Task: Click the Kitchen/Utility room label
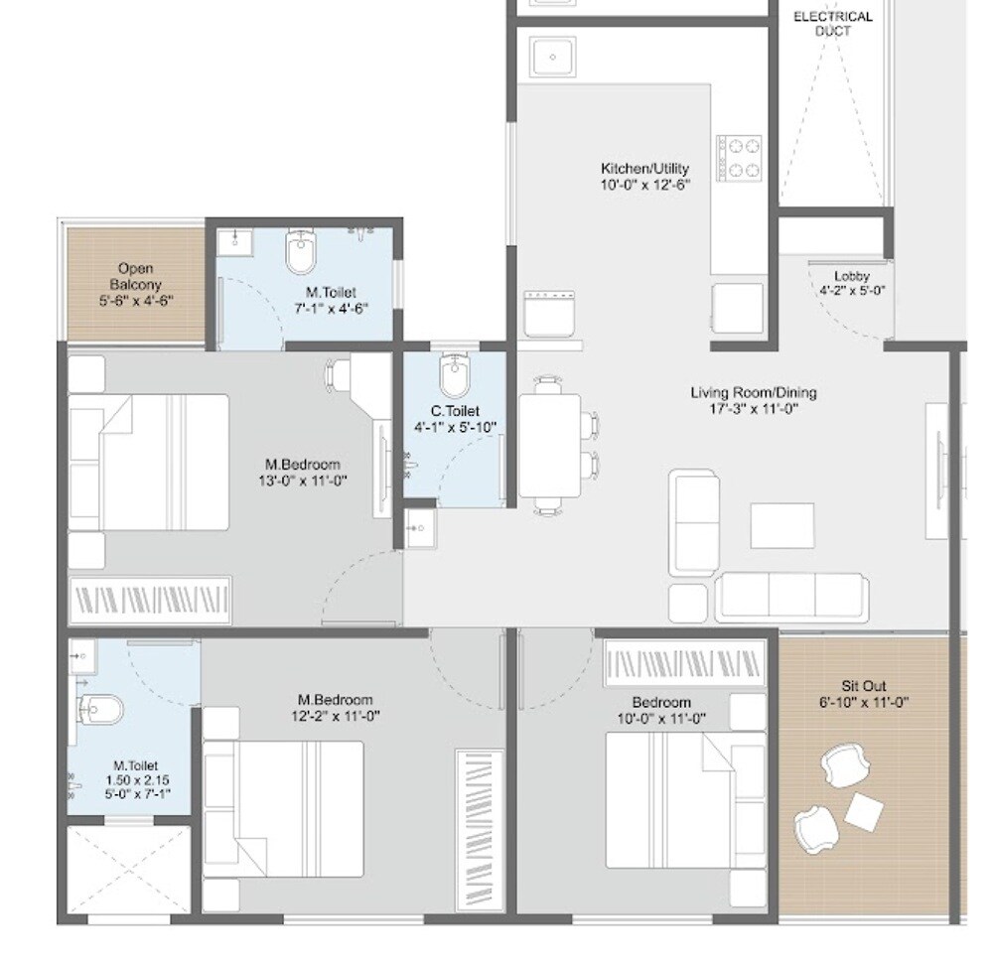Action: tap(644, 169)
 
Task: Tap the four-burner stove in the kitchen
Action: tap(739, 158)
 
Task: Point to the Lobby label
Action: tap(851, 276)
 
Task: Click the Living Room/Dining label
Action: tap(754, 393)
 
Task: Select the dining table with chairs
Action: tap(550, 445)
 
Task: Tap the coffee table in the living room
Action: tap(781, 525)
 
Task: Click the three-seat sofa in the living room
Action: tap(791, 597)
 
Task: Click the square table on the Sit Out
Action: tap(863, 813)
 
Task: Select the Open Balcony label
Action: tap(135, 269)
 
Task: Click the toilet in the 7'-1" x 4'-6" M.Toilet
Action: tap(300, 252)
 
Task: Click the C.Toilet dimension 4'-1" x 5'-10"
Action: tap(455, 428)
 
